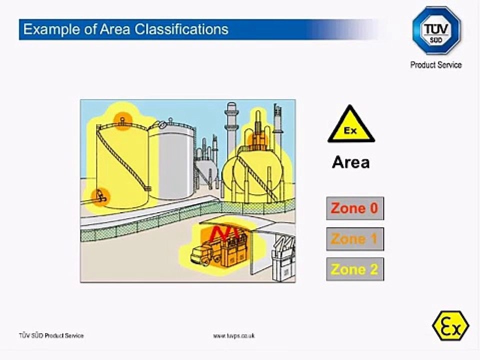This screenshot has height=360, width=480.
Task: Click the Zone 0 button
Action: (355, 208)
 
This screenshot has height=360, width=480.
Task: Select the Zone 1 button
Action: (355, 239)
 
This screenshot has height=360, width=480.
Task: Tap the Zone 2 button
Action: (355, 269)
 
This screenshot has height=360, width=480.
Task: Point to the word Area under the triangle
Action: (351, 162)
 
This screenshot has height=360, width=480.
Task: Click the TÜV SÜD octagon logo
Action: (436, 30)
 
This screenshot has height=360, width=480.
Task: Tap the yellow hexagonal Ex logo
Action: (450, 325)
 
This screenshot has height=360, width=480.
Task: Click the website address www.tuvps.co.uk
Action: (234, 336)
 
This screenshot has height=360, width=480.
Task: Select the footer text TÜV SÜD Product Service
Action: (51, 336)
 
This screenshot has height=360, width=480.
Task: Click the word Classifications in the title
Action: (185, 29)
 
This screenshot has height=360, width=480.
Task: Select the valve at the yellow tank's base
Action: (101, 195)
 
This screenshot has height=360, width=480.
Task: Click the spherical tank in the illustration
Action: (250, 172)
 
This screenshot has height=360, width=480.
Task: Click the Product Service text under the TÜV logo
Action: (436, 65)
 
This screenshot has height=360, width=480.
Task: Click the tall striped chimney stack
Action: (231, 127)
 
